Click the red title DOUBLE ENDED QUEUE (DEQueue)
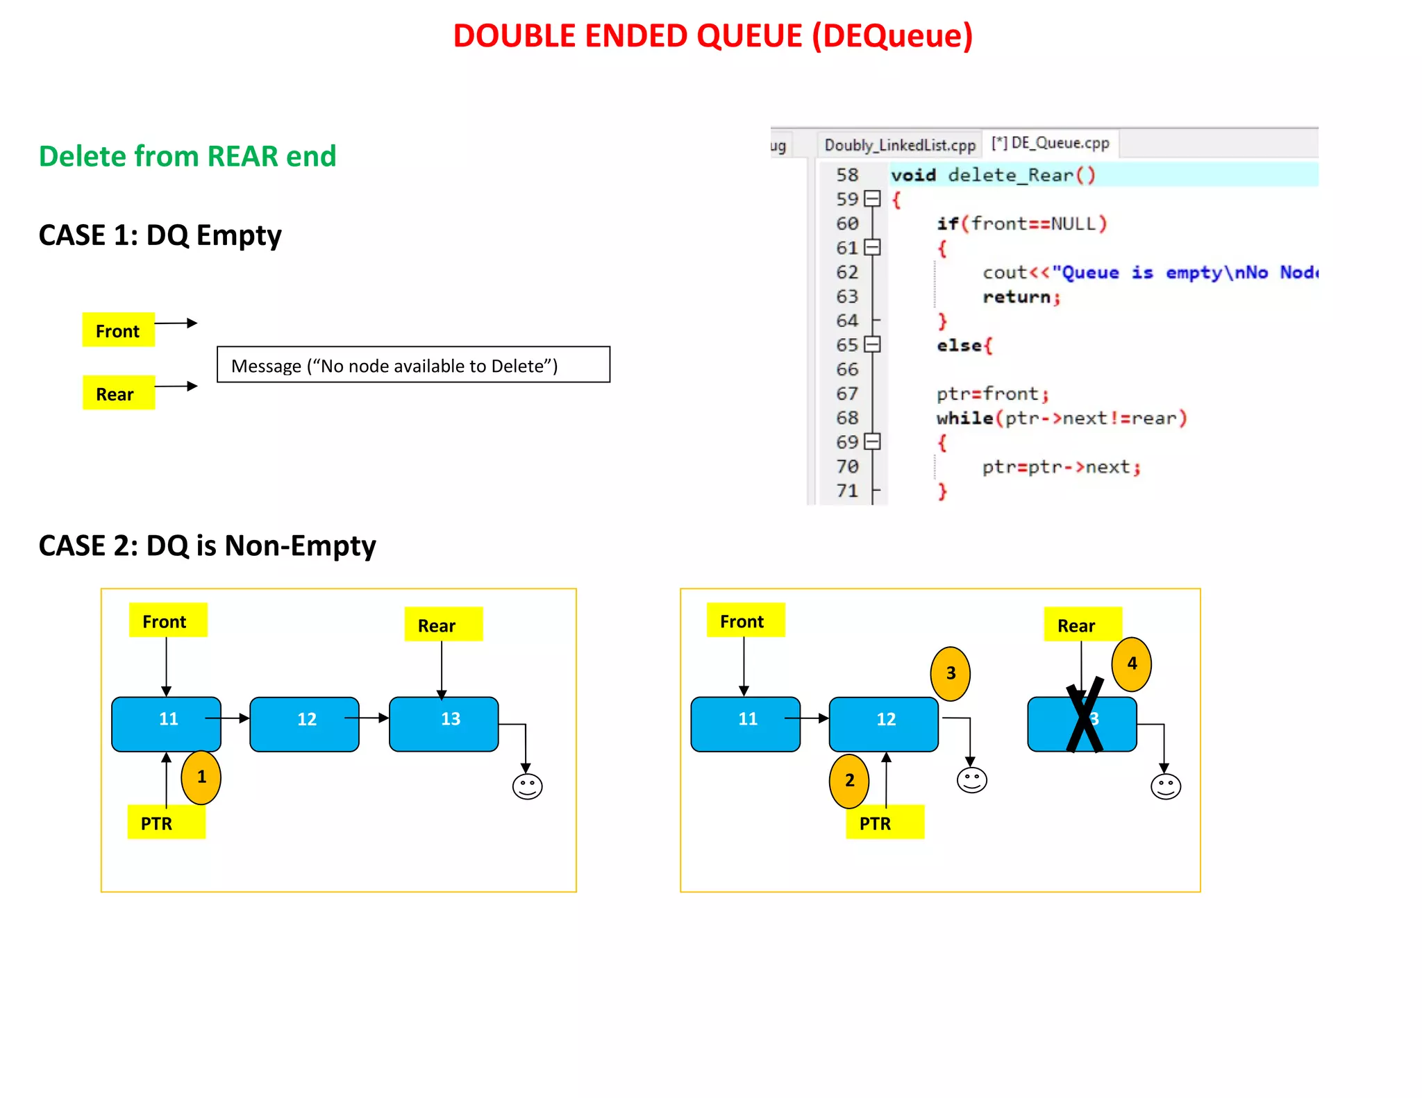pos(712,36)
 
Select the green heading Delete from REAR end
pos(187,156)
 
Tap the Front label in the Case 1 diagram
pos(118,330)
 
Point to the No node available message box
pos(413,365)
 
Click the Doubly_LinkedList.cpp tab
pos(899,145)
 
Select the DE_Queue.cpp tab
pos(1050,143)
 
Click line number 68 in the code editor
pos(847,418)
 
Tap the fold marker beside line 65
pos(873,344)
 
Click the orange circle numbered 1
pos(201,777)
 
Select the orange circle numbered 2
pos(849,781)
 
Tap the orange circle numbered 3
pos(951,673)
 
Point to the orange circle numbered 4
pos(1132,664)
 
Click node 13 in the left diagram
pos(444,724)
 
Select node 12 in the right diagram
pos(884,724)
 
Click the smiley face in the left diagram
pos(527,786)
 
